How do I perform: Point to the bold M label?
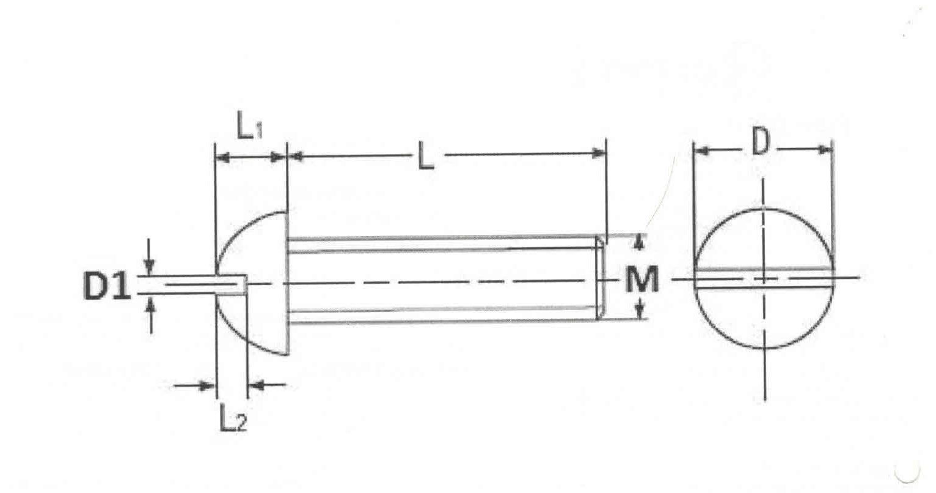tap(642, 281)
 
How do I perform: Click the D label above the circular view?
tap(759, 143)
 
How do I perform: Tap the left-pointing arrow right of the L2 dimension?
tap(257, 385)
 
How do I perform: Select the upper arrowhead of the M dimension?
tap(639, 243)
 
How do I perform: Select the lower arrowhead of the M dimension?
tap(640, 312)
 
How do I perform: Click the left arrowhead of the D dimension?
tap(702, 150)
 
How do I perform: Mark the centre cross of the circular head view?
tap(764, 279)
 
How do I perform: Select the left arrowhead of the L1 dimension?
tap(224, 158)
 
